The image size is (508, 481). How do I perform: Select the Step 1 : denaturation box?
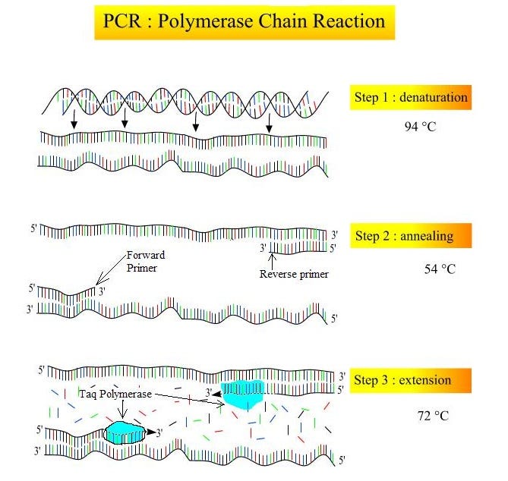411,97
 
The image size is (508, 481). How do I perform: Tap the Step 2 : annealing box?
411,236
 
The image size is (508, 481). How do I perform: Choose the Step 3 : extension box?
411,380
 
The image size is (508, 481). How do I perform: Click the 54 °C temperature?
439,269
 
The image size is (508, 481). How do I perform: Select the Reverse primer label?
294,274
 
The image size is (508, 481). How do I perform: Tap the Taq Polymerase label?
115,395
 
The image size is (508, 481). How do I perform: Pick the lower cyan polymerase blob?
125,432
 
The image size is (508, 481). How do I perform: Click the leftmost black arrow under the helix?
72,121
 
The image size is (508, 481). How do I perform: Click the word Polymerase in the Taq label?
126,395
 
